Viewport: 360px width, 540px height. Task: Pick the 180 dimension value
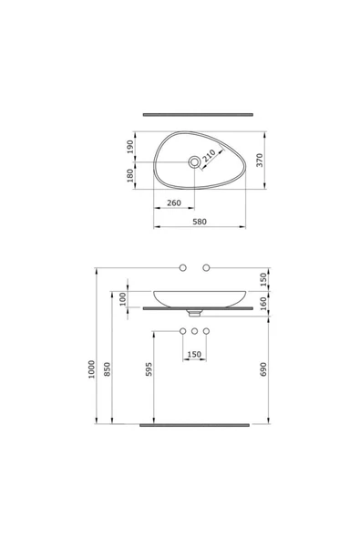click(x=130, y=176)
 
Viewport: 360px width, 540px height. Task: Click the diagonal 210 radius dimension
click(x=210, y=154)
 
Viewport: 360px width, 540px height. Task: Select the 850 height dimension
click(x=109, y=369)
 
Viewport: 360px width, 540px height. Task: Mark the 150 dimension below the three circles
click(x=193, y=354)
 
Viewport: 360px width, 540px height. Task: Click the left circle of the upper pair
click(x=182, y=267)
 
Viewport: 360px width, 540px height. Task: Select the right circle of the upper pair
click(x=206, y=267)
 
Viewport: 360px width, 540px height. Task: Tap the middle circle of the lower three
click(x=194, y=328)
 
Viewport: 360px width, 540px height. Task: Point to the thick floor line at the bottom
click(x=193, y=424)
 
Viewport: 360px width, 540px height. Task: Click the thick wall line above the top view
click(x=197, y=116)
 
